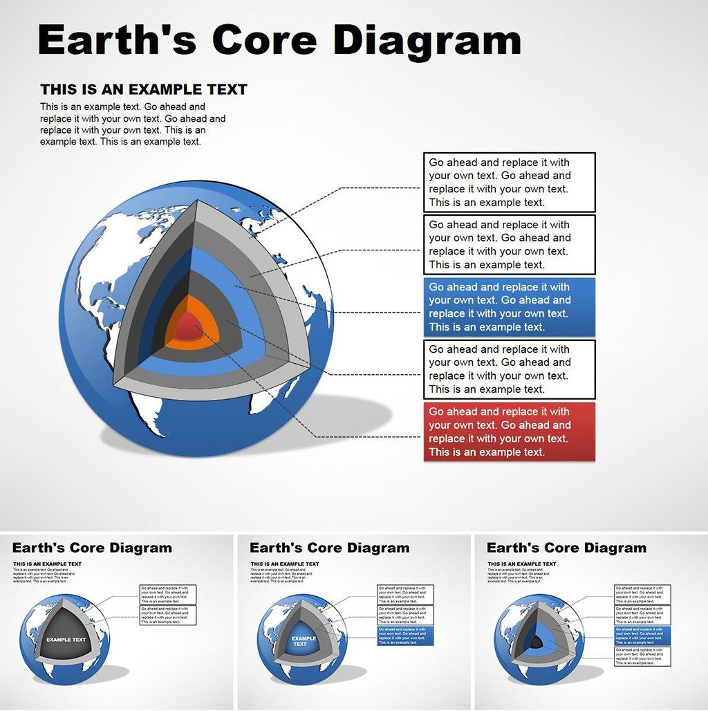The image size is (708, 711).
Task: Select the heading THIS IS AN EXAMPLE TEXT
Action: [x=143, y=89]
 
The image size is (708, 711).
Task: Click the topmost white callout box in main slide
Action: [x=509, y=182]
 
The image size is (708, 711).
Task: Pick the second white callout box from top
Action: [x=509, y=244]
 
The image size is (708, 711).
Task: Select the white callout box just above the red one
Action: [x=509, y=369]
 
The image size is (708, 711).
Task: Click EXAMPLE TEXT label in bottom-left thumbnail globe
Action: [x=66, y=640]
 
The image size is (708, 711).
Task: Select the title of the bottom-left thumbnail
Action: [x=92, y=548]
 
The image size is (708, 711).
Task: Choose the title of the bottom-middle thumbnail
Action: [x=329, y=548]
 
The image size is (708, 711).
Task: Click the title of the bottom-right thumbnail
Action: [x=566, y=548]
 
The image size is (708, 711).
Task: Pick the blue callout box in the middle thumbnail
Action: [x=405, y=636]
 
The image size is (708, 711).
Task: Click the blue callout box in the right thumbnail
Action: [x=642, y=636]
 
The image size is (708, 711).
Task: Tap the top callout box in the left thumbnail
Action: [x=168, y=595]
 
